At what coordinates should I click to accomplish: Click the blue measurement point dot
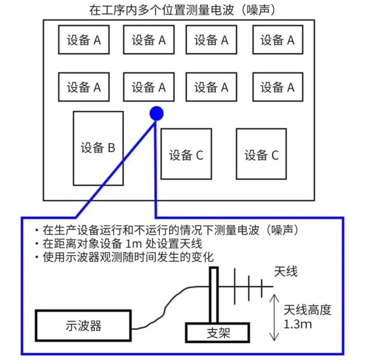point(156,114)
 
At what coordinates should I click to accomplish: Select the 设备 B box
point(98,149)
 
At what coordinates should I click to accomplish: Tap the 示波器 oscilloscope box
point(83,326)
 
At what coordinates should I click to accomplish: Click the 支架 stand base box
point(218,333)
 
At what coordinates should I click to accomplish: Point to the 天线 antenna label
point(286,272)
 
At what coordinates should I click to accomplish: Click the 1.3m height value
point(298,324)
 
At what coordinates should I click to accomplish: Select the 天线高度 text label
point(308,310)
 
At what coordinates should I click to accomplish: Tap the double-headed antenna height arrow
point(275,318)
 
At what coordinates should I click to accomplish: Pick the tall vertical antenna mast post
point(214,295)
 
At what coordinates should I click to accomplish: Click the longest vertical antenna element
point(234,286)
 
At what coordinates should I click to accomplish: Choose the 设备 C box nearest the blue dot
point(186,154)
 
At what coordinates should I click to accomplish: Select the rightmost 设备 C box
point(262,154)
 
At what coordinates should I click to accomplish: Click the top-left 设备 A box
point(84,39)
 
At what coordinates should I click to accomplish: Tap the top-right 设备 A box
point(278,39)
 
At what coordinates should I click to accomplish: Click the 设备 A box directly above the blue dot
point(149,87)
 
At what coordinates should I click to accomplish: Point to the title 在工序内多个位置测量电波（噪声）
point(182,10)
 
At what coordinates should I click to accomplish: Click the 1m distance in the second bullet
point(134,244)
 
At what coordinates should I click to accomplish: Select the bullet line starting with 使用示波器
point(124,257)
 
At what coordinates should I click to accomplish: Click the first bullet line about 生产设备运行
point(167,230)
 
